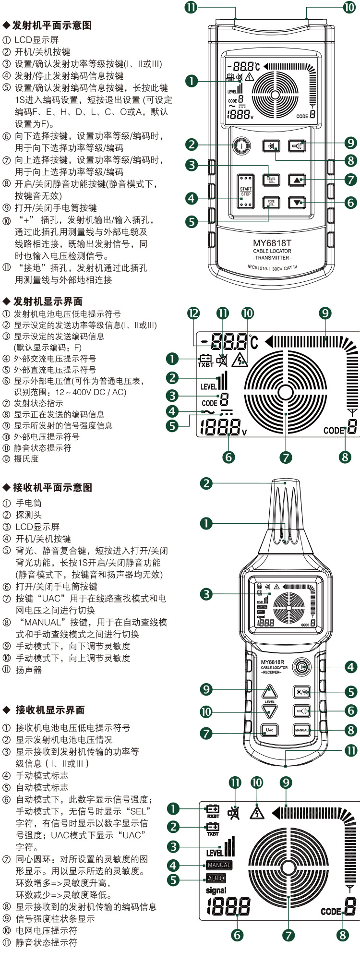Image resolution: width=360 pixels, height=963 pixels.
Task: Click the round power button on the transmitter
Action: (241, 145)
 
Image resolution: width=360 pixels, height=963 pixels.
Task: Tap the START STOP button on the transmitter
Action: (246, 192)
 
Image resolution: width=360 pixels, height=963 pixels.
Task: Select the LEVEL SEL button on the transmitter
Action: (271, 180)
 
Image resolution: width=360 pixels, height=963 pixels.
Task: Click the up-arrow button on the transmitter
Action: (297, 180)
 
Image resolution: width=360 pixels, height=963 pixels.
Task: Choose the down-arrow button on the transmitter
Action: (297, 203)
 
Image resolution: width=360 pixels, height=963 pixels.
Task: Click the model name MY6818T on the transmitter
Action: (272, 243)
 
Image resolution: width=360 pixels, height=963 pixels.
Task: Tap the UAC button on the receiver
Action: (270, 730)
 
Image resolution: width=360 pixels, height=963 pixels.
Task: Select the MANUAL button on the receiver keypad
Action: (302, 730)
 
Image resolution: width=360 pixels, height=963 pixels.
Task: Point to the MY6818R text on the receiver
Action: (273, 662)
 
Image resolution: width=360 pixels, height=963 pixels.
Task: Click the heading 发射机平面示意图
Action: (51, 25)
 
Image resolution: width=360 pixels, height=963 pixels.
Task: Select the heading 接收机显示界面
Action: (50, 710)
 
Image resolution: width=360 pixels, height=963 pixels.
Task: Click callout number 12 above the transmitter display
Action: (193, 313)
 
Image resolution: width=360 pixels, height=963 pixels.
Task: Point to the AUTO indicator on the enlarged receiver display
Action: (216, 878)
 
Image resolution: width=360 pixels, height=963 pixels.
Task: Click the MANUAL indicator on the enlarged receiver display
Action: (219, 865)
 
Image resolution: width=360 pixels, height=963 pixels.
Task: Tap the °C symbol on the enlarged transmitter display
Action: (253, 342)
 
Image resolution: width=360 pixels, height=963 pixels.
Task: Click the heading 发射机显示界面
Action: (48, 301)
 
